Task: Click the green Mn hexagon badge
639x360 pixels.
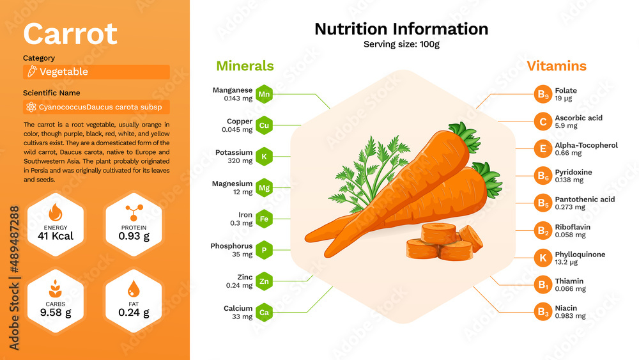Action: coord(264,95)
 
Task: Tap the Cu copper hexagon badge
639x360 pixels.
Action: coord(264,125)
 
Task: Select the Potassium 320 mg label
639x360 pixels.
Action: coord(234,157)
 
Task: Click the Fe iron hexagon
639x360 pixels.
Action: coord(264,219)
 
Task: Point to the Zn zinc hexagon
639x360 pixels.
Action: coord(264,281)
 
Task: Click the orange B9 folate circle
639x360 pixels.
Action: coord(542,95)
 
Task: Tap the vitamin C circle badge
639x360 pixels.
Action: coord(542,122)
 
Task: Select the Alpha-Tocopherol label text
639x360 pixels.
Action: coord(586,145)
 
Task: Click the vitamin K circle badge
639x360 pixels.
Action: coord(542,258)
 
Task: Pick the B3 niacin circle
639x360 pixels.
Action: coord(542,312)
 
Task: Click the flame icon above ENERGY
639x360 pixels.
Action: coord(55,212)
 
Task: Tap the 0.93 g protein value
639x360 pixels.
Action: coord(134,236)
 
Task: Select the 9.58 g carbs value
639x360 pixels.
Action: coord(55,313)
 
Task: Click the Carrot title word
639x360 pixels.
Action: coord(70,33)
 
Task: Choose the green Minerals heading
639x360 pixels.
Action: coord(245,66)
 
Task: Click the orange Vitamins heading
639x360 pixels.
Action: coord(556,66)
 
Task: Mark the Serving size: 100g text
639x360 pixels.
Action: coord(401,44)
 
